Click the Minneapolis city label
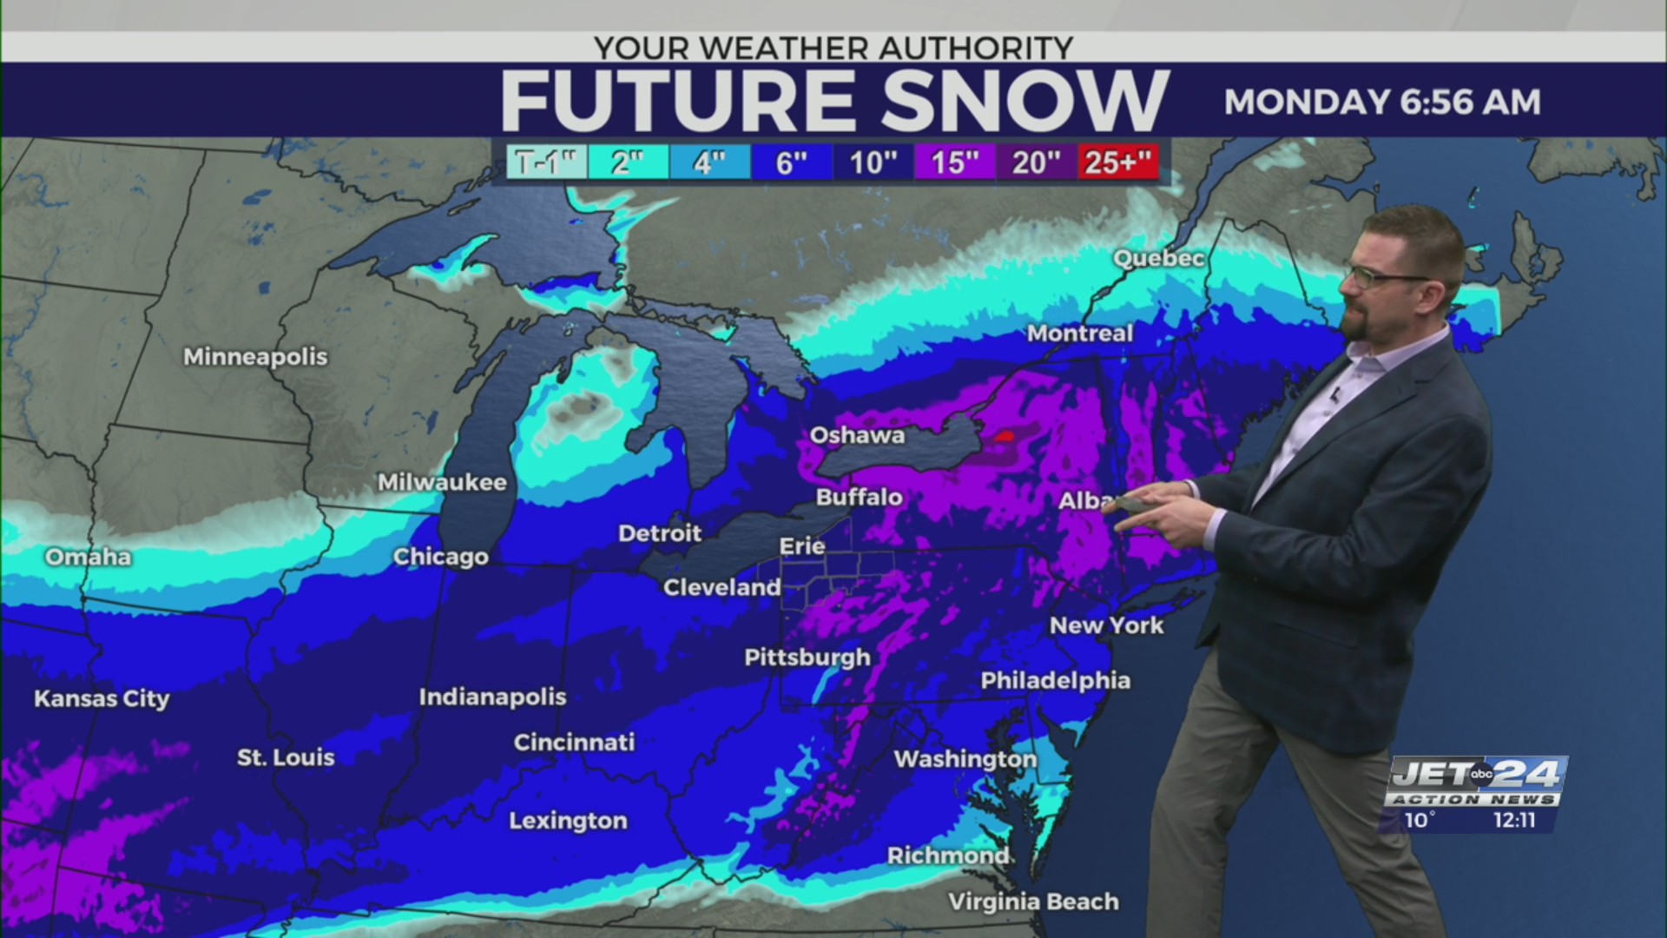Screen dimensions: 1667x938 (255, 356)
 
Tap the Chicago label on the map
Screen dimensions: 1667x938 (440, 557)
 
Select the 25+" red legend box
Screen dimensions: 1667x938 (1118, 162)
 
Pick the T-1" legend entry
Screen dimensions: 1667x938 (546, 162)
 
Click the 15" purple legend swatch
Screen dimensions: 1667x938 (954, 162)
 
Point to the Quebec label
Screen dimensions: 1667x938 (1158, 258)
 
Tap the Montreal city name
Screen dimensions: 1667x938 (1079, 333)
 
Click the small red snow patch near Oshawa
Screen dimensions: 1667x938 (1005, 436)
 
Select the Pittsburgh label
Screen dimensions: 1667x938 (807, 657)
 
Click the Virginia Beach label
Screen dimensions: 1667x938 (1032, 902)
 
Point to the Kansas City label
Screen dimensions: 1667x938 (102, 698)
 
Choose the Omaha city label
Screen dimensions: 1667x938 (88, 557)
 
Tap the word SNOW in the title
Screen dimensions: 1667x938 (1025, 102)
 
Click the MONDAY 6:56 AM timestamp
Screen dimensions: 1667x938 (1381, 102)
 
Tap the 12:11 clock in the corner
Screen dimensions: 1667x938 (1514, 820)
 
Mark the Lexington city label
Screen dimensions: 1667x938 (568, 821)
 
